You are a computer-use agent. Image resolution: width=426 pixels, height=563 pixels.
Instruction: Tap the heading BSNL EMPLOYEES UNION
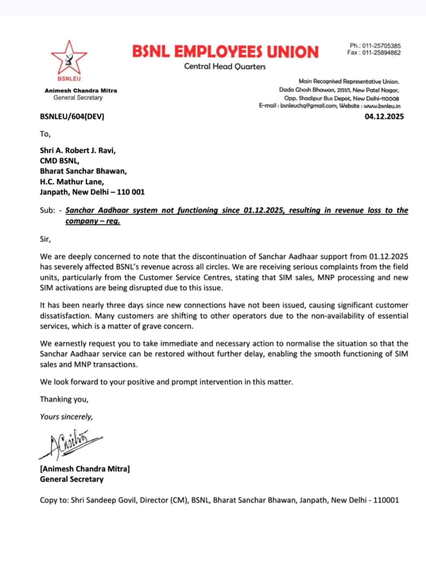tap(225, 51)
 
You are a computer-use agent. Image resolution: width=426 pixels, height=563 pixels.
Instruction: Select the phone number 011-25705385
tap(381, 46)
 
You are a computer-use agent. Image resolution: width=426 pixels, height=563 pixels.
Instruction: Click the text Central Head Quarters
tap(225, 66)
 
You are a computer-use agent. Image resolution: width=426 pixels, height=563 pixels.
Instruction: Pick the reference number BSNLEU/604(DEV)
tap(72, 117)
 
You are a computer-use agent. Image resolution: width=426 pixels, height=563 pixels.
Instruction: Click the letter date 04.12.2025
tap(384, 117)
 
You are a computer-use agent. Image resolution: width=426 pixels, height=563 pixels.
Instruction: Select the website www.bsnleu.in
tap(382, 106)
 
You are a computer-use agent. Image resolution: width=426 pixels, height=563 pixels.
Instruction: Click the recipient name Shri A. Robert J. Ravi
tap(78, 150)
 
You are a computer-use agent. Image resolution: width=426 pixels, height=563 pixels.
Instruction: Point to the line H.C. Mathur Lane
tap(72, 182)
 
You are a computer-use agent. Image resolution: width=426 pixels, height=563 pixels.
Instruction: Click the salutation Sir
tap(45, 239)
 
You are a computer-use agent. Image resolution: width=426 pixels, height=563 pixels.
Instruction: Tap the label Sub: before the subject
tap(47, 210)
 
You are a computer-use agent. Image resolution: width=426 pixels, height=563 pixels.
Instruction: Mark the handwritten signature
tap(70, 443)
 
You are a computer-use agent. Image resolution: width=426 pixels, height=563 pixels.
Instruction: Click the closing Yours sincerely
tap(66, 417)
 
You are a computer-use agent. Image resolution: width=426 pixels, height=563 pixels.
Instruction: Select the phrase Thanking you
tap(64, 399)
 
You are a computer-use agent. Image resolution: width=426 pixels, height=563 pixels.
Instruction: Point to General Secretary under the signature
tap(72, 479)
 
